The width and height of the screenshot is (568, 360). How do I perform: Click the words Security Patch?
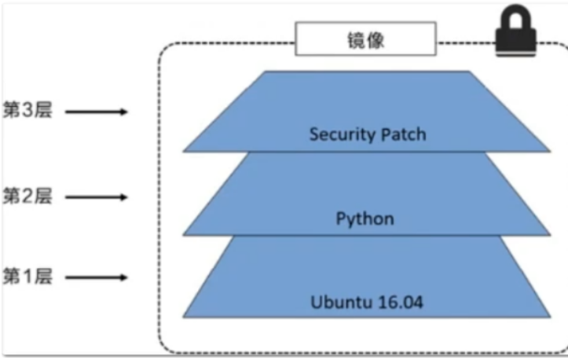tap(368, 134)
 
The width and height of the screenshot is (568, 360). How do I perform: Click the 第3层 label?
tap(27, 111)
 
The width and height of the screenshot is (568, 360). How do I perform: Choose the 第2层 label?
tap(27, 196)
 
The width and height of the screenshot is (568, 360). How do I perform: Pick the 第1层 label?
tap(27, 277)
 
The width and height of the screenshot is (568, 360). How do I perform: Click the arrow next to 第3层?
tap(96, 112)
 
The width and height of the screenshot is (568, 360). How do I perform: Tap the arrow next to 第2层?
tap(96, 197)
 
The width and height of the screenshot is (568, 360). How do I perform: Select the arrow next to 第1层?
tap(96, 278)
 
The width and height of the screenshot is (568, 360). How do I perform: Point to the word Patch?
tap(405, 134)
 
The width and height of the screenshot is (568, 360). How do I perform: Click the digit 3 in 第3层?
tap(27, 111)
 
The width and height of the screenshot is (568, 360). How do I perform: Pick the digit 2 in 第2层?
tap(27, 196)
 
